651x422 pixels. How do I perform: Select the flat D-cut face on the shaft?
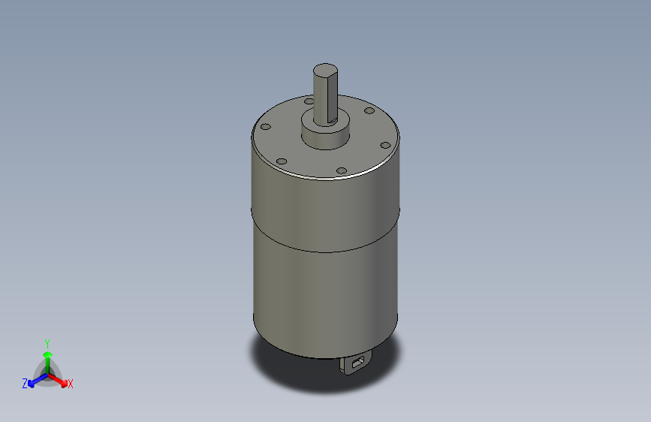[x=332, y=96]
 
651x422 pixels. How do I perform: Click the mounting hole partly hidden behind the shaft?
[x=309, y=100]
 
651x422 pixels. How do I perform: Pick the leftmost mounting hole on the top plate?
[x=265, y=127]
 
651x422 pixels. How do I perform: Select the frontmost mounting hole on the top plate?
[x=342, y=171]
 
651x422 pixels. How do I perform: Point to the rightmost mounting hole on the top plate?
[x=384, y=144]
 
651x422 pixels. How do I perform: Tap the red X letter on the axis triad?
[x=71, y=384]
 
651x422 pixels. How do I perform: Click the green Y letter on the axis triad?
[x=47, y=342]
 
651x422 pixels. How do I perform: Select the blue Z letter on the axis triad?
[x=25, y=384]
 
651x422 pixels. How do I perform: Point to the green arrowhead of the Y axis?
[x=47, y=354]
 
